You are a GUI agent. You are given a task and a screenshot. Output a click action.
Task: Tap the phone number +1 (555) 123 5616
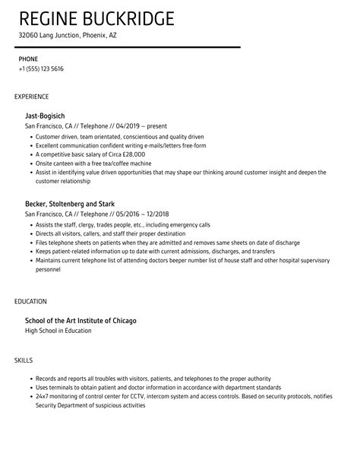coord(41,68)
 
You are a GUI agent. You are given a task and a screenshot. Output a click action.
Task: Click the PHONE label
coord(28,58)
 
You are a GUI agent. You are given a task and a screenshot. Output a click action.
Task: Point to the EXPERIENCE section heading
coord(32,97)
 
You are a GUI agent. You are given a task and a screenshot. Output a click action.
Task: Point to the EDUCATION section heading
coord(30,301)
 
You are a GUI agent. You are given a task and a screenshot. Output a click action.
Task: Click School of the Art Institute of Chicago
coord(81,320)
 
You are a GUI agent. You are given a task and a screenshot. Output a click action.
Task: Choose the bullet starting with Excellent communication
coord(121,145)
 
